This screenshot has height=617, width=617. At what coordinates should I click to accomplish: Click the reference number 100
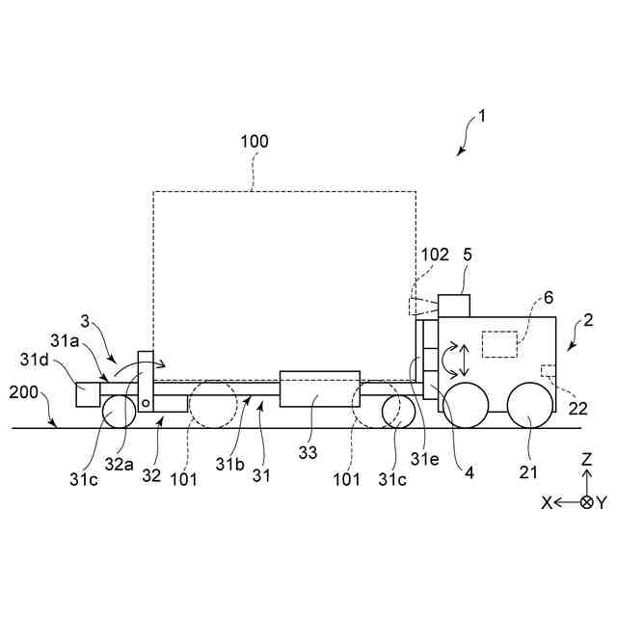(x=255, y=142)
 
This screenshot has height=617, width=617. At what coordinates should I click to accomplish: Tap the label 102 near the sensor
(x=435, y=255)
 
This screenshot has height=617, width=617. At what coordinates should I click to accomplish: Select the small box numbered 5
(x=454, y=305)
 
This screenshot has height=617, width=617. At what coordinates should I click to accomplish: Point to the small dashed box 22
(x=548, y=370)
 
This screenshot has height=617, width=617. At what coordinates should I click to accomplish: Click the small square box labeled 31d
(x=89, y=393)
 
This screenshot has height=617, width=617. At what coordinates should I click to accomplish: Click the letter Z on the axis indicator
(x=587, y=460)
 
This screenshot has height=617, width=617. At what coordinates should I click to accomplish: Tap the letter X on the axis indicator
(x=546, y=502)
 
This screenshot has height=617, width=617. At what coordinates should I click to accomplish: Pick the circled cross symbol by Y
(x=586, y=502)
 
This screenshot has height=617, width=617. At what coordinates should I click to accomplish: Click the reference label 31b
(x=230, y=464)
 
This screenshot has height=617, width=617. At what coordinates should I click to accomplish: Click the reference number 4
(x=469, y=472)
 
